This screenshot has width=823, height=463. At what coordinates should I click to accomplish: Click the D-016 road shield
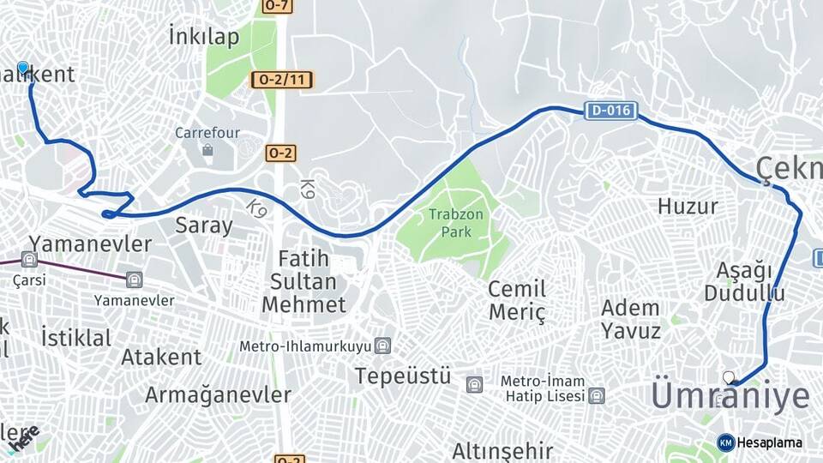(x=611, y=111)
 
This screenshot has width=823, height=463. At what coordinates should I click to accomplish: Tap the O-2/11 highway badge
(x=282, y=81)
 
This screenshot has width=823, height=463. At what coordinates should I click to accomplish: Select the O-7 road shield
(x=276, y=6)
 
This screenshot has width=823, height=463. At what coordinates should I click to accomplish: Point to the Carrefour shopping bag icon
(x=207, y=151)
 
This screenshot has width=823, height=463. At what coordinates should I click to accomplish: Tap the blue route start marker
(x=23, y=68)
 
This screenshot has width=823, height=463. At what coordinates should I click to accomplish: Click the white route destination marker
(x=730, y=377)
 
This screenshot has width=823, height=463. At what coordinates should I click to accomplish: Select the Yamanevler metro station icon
(x=134, y=280)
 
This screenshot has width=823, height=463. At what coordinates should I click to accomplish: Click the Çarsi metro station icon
(x=30, y=260)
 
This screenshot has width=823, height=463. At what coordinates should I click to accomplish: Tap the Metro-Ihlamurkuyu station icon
(x=382, y=346)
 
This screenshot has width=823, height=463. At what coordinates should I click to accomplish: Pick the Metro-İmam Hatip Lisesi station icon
(x=597, y=395)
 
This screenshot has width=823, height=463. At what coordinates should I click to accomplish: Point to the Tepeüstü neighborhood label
(x=403, y=376)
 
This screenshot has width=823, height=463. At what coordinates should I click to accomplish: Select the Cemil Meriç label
(x=517, y=300)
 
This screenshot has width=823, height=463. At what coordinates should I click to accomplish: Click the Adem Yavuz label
(x=631, y=319)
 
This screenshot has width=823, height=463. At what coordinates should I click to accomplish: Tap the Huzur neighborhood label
(x=688, y=206)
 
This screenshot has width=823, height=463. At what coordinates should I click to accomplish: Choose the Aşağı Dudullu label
(x=744, y=282)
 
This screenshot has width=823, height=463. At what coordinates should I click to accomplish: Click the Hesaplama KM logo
(x=760, y=442)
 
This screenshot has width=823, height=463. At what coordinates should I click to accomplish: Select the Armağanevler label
(x=218, y=395)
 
